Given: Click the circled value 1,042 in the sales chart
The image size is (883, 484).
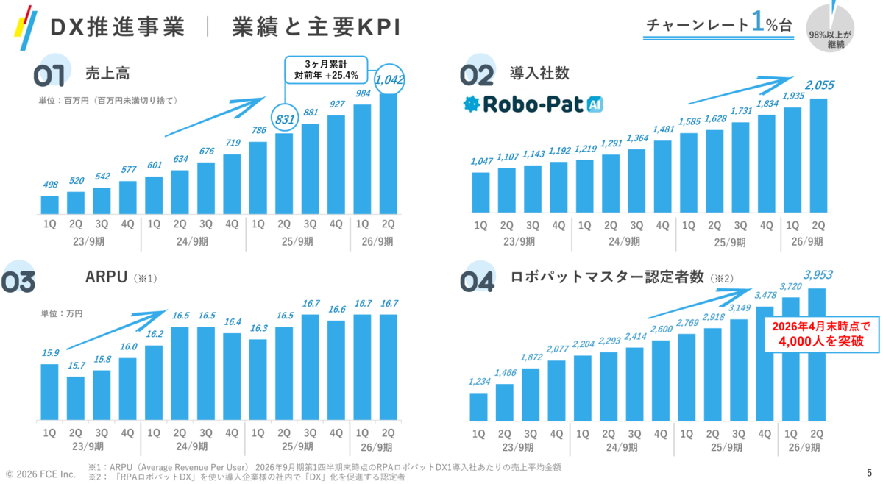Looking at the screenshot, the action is tap(389, 80).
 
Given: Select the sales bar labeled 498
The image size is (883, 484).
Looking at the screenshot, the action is tap(50, 205).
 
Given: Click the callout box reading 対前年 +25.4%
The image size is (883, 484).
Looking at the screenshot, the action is tap(327, 70).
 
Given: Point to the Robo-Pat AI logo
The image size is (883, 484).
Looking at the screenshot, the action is tap(533, 104).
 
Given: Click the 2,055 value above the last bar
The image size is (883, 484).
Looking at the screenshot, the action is tap(820, 85).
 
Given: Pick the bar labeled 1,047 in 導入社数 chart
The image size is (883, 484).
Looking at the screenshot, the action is tap(481, 193).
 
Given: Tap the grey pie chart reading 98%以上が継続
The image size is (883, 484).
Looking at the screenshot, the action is tap(830, 29).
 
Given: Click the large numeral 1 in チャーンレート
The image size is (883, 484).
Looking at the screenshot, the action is tap(758, 21).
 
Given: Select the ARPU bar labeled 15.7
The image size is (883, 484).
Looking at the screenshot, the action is tap(76, 398).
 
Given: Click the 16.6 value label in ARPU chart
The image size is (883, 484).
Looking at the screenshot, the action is tap(337, 310).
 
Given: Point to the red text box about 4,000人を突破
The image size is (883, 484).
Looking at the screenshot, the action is tap(822, 334).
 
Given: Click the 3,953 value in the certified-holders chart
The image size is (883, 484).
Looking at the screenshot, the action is tap(818, 274).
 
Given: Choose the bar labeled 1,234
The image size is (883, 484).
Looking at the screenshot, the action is tap(478, 407).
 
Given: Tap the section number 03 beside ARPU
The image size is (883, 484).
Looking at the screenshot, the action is tap(18, 282).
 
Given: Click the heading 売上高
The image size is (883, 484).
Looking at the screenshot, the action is tap(107, 74).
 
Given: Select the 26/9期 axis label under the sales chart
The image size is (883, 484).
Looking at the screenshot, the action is tap(377, 241).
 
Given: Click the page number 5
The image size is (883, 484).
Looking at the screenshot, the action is tap(869, 473).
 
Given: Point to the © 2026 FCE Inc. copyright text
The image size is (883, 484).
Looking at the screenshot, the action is tap(40, 474).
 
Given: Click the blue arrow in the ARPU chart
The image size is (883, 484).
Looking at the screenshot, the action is tap(117, 330).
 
